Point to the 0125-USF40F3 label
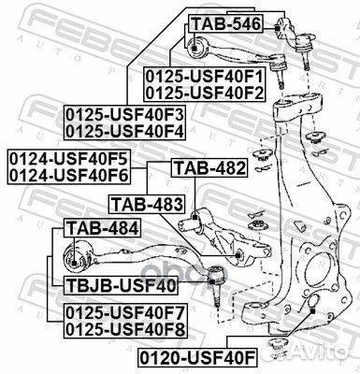click(x=124, y=115)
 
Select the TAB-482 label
click(x=209, y=169)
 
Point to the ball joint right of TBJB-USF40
click(x=214, y=277)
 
